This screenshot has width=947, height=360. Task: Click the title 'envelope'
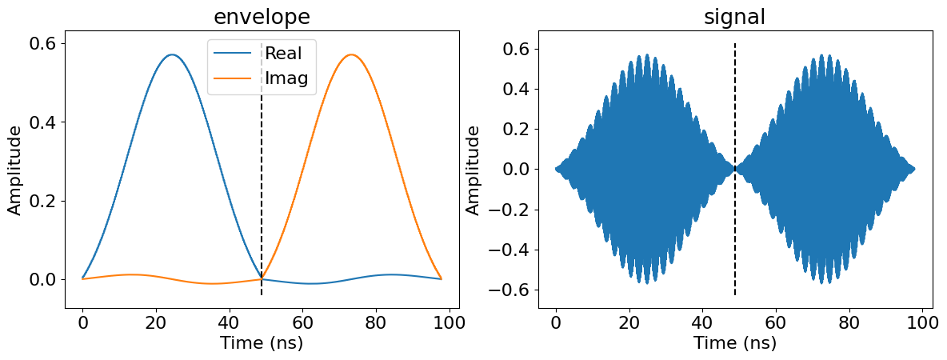[262, 17]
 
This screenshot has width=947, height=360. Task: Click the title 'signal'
[734, 17]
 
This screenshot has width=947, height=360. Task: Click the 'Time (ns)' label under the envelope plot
[262, 343]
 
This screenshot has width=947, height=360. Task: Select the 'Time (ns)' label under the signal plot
[734, 343]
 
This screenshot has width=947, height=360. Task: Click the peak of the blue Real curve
[171, 54]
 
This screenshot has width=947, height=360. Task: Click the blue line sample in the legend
[235, 54]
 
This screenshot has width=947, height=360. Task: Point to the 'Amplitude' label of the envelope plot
[14, 169]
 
